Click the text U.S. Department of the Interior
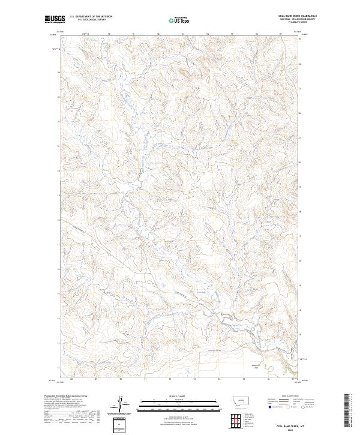91,17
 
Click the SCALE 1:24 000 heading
170,395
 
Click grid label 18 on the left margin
58,220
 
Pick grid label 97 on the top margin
280,33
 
